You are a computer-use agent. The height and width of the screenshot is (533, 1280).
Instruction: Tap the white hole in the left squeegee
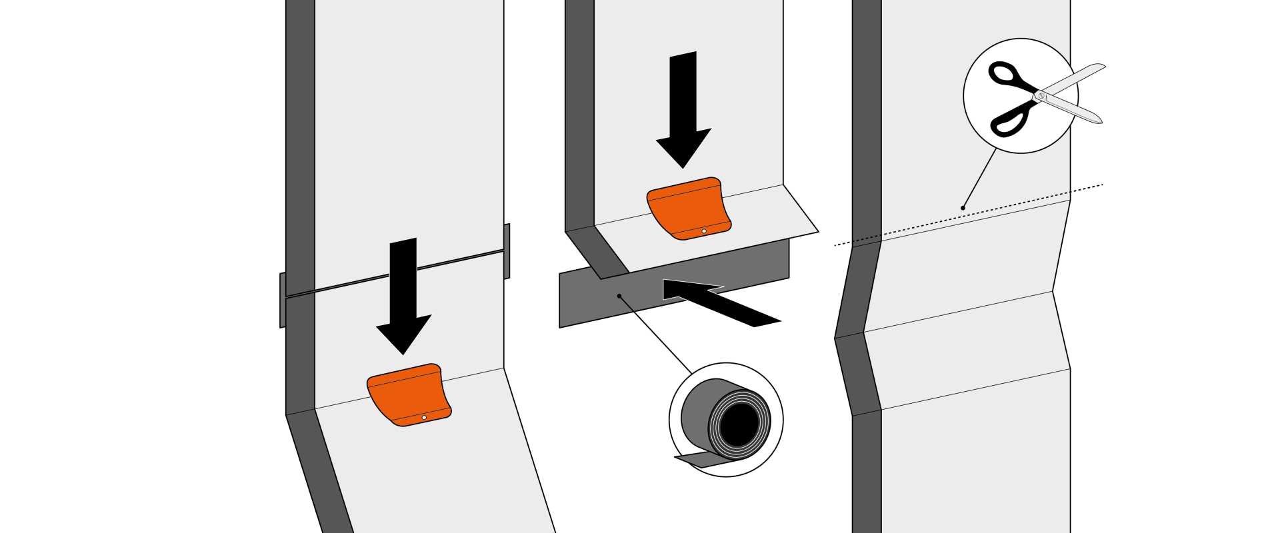[x=424, y=418]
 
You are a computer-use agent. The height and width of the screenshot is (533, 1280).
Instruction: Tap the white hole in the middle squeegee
[x=704, y=231]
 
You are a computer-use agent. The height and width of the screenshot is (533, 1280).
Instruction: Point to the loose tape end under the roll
[x=693, y=458]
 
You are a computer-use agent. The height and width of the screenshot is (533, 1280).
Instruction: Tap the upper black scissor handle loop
[x=1004, y=73]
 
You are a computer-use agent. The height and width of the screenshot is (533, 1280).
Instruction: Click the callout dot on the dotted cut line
[x=963, y=208]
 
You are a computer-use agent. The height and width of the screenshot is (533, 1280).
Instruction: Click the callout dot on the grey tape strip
[x=619, y=295]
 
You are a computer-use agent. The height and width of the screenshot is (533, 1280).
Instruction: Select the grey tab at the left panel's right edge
[x=507, y=251]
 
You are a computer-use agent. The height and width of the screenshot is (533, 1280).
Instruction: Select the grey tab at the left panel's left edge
[x=283, y=300]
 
